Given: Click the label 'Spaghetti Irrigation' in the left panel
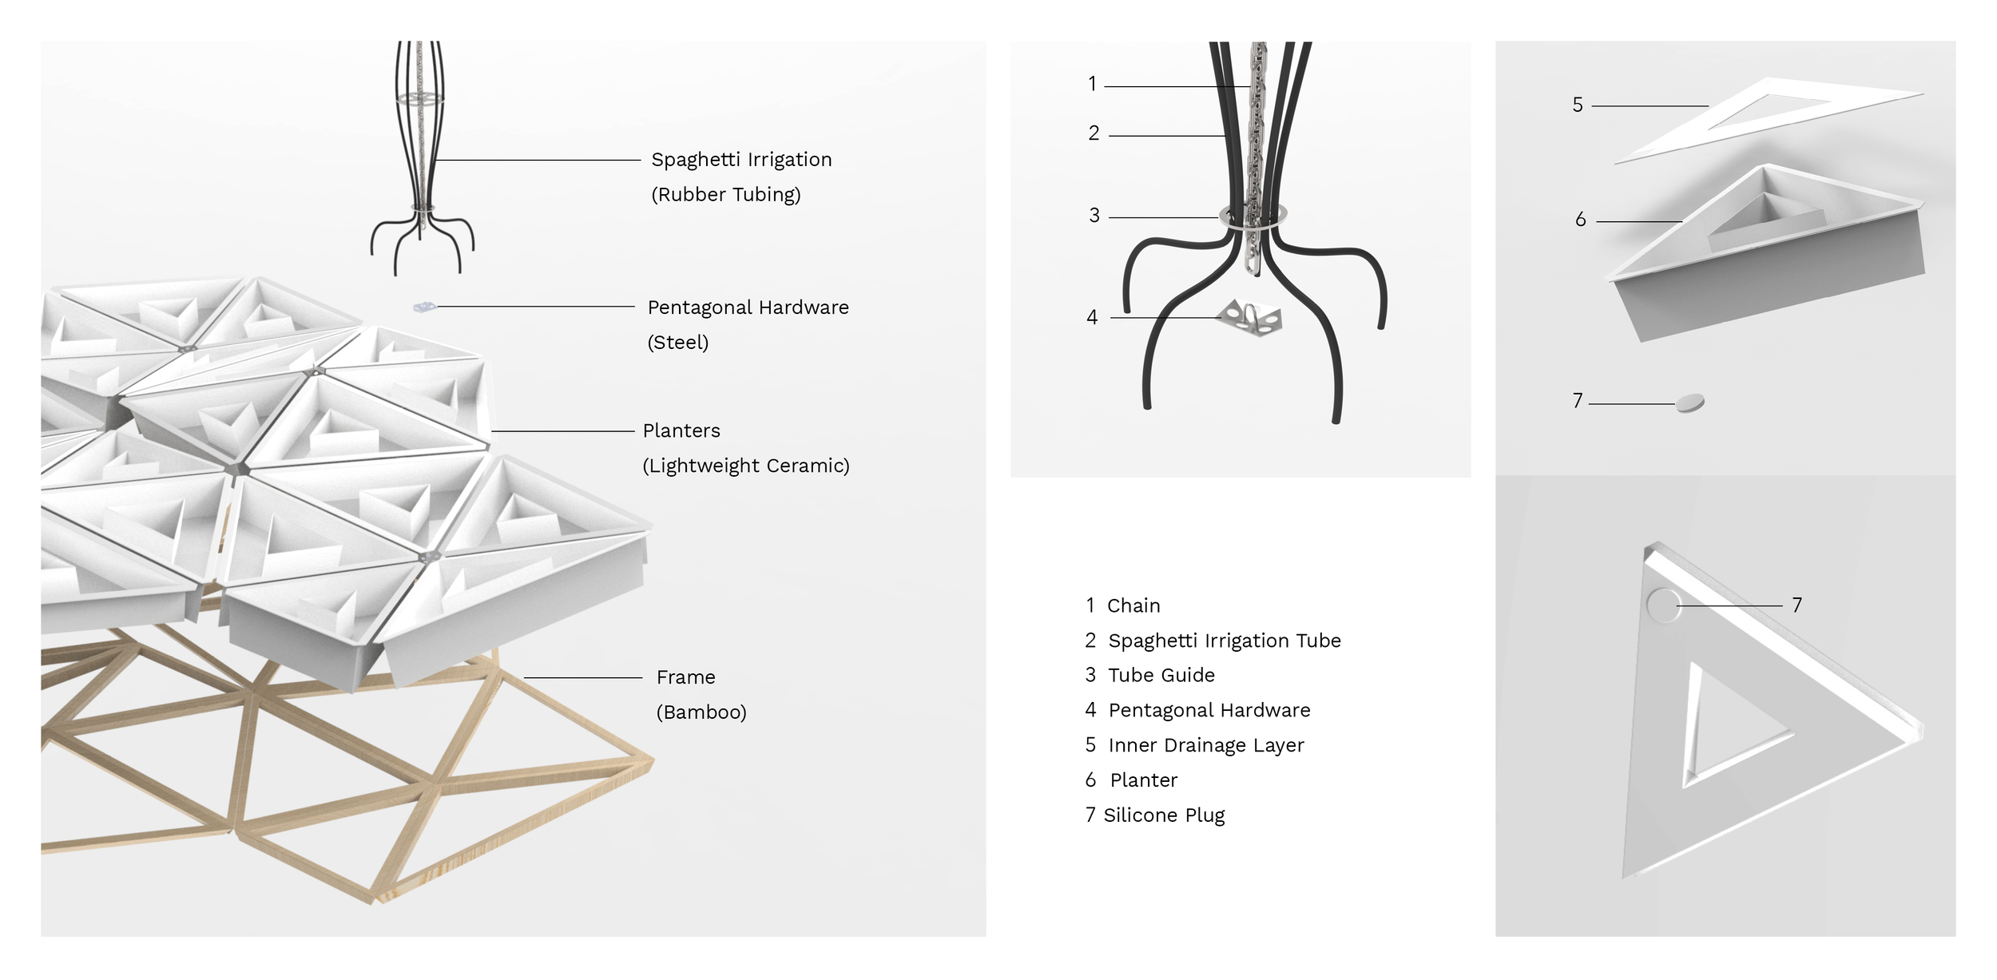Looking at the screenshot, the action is click(741, 160).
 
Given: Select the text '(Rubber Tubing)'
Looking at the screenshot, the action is click(725, 195).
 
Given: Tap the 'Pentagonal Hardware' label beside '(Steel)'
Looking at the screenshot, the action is click(748, 307).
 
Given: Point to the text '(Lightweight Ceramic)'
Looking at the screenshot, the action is click(745, 466).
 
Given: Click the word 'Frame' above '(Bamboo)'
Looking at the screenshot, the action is click(685, 677).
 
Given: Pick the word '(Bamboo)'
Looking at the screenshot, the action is click(701, 712).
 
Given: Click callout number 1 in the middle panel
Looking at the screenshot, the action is click(1092, 84).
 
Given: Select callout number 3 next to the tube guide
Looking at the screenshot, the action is click(1094, 216).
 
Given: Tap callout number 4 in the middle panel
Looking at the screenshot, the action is click(1092, 318).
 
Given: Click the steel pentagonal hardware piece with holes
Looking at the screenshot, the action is click(1250, 318).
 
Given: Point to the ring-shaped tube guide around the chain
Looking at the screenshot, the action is click(1253, 216).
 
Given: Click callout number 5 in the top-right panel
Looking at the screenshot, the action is click(1578, 105).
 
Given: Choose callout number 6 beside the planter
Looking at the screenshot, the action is click(1580, 220).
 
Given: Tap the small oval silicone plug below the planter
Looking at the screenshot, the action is click(1689, 403).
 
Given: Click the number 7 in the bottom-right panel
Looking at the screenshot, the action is click(1797, 605).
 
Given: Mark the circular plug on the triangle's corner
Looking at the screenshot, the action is click(1663, 605).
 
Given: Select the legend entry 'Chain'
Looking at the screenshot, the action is click(1133, 606).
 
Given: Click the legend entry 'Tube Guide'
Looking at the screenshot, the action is click(1161, 676).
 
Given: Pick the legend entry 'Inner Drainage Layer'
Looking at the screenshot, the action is click(1205, 746).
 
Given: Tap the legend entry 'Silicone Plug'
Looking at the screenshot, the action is click(1163, 815).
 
